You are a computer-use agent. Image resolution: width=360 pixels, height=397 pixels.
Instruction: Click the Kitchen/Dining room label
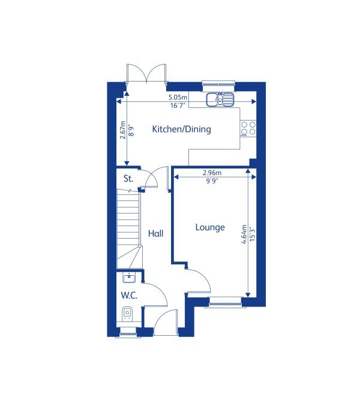(181, 129)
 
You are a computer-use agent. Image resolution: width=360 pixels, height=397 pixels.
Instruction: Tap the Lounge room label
(210, 227)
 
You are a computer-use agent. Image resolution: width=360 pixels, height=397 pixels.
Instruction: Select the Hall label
(155, 233)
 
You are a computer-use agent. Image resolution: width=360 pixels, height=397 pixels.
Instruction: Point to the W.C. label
(129, 295)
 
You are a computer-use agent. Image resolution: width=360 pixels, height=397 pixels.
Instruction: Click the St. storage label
(128, 179)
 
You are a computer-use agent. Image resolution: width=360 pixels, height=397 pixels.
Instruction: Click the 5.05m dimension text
(178, 97)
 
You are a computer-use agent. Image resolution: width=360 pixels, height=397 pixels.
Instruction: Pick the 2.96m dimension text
(211, 173)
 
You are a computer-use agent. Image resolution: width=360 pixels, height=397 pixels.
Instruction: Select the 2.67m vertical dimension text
(122, 129)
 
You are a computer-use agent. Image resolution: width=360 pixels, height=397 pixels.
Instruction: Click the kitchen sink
(220, 100)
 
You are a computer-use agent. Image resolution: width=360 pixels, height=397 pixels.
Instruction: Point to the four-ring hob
(248, 128)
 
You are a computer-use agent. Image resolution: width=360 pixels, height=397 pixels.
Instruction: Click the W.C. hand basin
(127, 277)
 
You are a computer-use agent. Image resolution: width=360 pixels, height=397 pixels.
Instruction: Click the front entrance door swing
(166, 321)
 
